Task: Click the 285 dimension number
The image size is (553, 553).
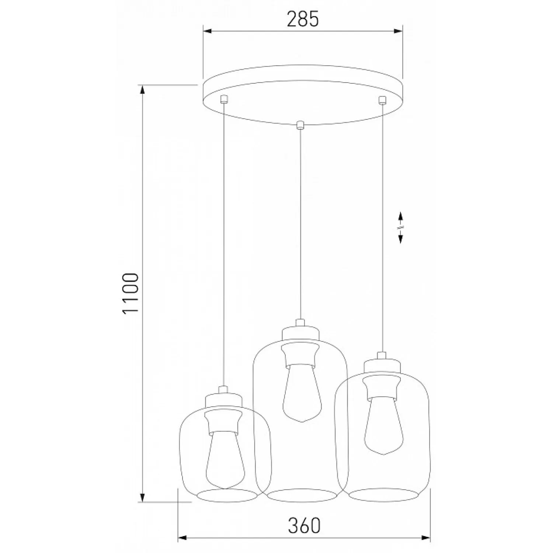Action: coord(303,19)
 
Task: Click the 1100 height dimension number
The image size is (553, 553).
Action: coord(131,293)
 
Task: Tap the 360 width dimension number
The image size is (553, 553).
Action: coord(304,525)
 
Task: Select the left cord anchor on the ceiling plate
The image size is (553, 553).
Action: coord(223,99)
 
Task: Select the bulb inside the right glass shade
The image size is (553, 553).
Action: coord(384,425)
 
